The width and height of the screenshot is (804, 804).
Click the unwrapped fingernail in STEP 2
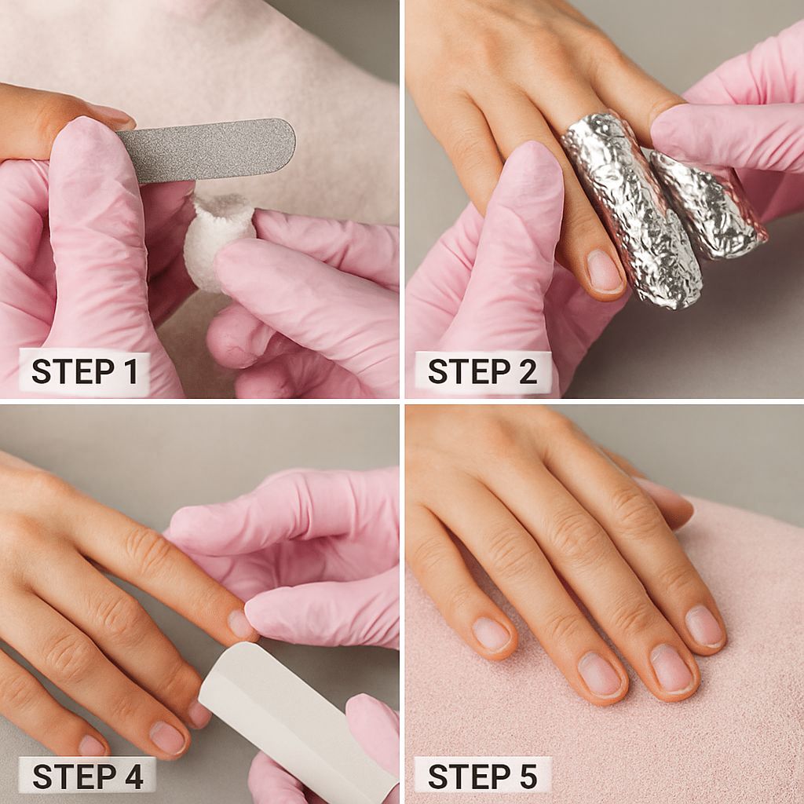605,271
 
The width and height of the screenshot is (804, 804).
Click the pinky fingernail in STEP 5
491,633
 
